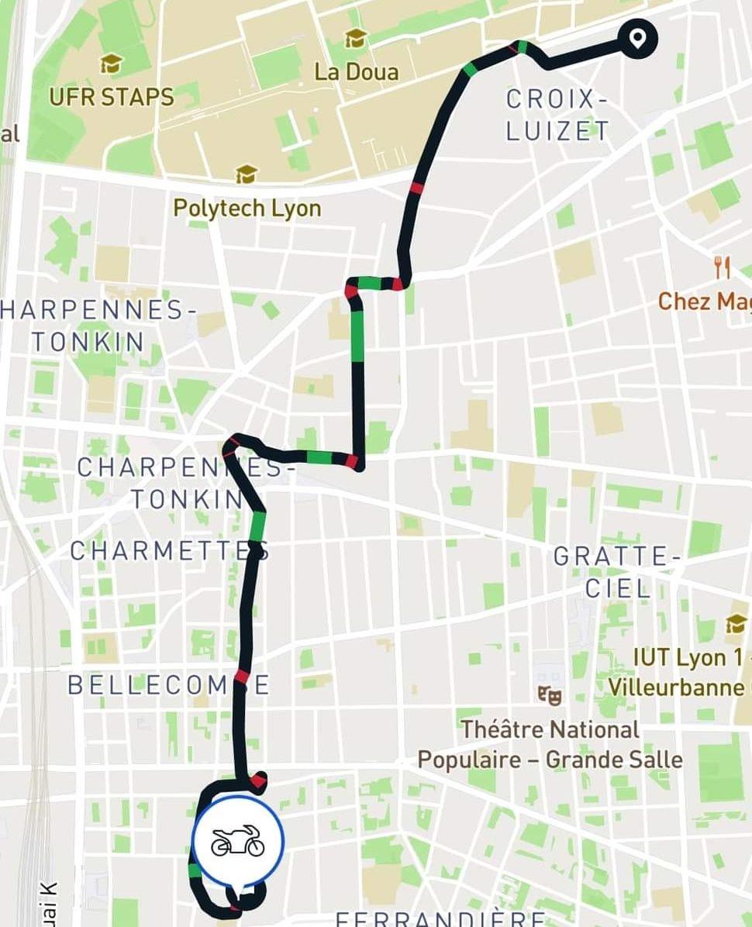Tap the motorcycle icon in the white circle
[238, 842]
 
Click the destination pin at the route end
[637, 38]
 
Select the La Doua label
[357, 72]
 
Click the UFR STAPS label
[112, 97]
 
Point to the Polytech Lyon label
[247, 208]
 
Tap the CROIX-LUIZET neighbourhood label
[557, 115]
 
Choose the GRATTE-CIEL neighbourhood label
[618, 572]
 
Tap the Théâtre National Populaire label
[550, 744]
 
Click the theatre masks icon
[550, 694]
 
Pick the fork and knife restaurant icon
[723, 269]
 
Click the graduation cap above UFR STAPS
[111, 64]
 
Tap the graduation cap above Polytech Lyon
[247, 174]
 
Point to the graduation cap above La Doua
[355, 37]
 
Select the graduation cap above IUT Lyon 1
[736, 623]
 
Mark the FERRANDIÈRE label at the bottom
[440, 919]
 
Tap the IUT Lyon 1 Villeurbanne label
[682, 672]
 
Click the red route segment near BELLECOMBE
[243, 677]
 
